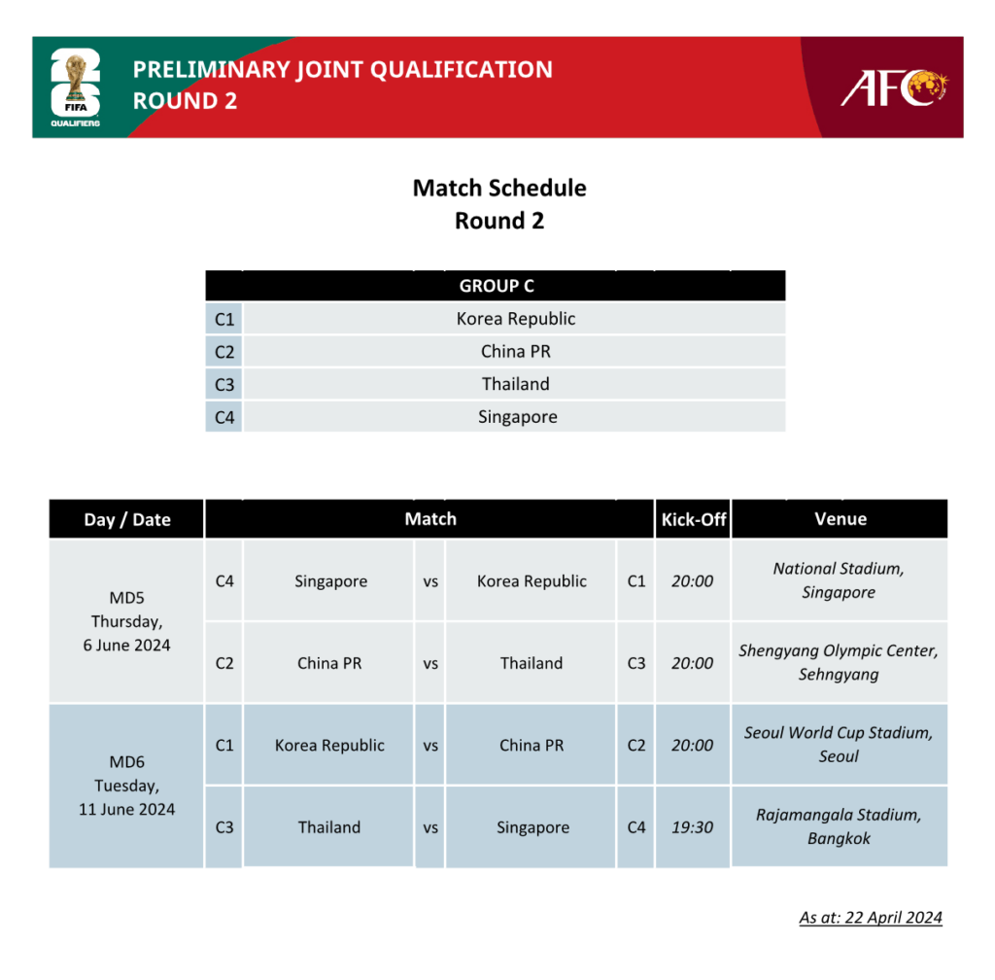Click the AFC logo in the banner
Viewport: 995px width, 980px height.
tap(893, 87)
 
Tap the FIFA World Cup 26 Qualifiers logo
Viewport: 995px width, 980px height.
tap(75, 88)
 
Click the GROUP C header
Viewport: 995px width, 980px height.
tap(496, 286)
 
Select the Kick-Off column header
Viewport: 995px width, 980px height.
tap(693, 519)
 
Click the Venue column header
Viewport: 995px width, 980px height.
tap(840, 519)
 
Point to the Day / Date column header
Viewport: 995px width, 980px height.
tap(126, 519)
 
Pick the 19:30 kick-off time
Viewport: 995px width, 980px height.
tap(692, 827)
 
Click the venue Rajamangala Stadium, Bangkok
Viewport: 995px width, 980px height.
tap(839, 826)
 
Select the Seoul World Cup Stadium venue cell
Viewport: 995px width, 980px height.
tap(839, 745)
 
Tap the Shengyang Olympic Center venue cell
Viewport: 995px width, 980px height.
tap(839, 662)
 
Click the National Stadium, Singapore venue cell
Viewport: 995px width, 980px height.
tap(839, 580)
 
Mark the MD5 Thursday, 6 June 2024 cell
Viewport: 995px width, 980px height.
tap(126, 621)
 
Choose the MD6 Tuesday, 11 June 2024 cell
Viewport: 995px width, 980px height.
tap(126, 786)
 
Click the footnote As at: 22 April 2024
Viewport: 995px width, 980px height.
tap(871, 917)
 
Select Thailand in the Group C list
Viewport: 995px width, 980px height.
tap(515, 384)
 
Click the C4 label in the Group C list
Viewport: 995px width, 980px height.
tap(224, 417)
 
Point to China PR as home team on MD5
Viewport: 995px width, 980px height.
tap(329, 663)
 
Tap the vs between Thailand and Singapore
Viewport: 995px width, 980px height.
tap(430, 827)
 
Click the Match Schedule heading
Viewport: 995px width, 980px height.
tap(499, 188)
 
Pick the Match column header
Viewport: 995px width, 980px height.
tap(430, 519)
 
